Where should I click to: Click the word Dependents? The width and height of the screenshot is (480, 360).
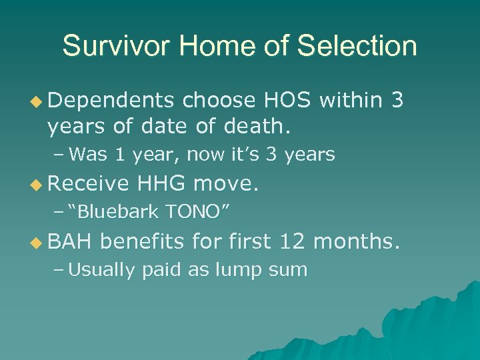111,101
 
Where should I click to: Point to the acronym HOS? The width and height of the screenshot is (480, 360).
289,100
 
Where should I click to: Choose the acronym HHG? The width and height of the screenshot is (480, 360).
161,183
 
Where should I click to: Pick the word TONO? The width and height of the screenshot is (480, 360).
197,212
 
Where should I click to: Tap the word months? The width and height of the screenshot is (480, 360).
357,241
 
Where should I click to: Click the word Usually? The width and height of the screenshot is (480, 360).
101,270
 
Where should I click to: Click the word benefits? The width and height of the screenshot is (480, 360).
143,241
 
